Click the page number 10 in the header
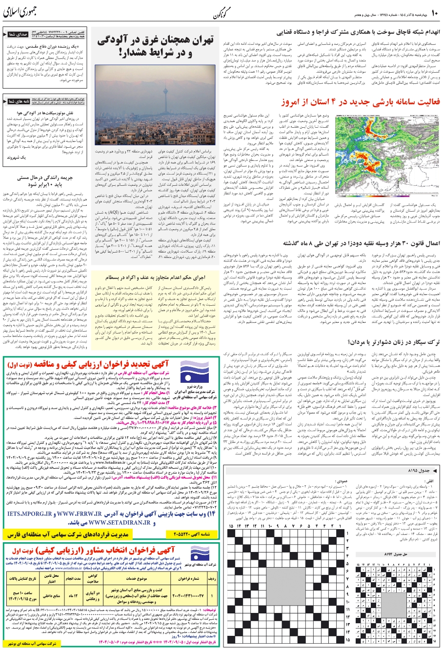point(435,11)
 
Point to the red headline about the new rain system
point(361,102)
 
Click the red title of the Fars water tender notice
point(137,364)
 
